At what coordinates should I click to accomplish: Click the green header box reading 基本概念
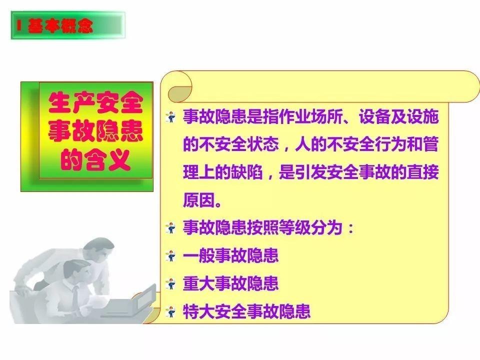[67, 26]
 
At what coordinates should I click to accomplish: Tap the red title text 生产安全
[95, 104]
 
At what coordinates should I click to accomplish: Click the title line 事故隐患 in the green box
[95, 132]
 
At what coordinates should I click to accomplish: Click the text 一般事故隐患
[230, 256]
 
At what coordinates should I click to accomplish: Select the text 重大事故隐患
[230, 284]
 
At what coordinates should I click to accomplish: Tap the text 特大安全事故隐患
[246, 311]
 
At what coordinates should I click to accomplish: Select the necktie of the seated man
[75, 295]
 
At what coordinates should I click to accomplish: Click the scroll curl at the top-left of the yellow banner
[180, 87]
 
